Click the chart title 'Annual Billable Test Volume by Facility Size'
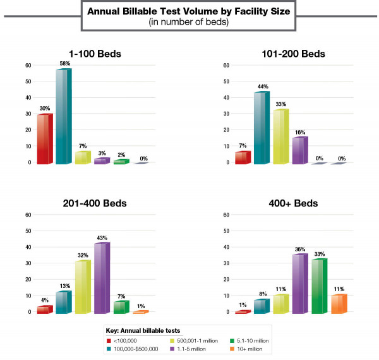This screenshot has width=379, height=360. click(x=189, y=11)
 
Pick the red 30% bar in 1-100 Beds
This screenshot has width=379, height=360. click(x=44, y=139)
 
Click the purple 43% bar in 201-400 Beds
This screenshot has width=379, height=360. click(x=101, y=278)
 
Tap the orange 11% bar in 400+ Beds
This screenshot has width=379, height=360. click(x=338, y=304)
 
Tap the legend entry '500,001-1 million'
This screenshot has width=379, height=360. click(x=196, y=340)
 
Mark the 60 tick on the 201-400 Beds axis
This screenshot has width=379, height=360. click(x=28, y=215)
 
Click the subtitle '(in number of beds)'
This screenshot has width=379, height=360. click(x=189, y=22)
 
